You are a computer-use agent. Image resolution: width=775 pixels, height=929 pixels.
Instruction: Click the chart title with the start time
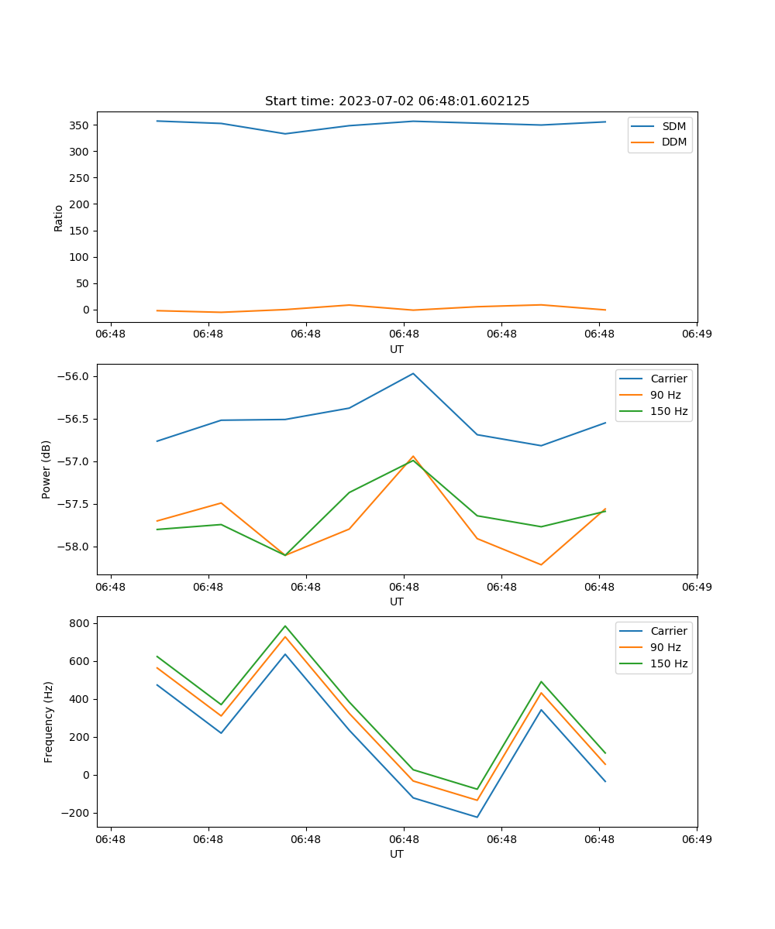click(397, 101)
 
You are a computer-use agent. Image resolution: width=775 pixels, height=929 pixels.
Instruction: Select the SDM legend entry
click(673, 126)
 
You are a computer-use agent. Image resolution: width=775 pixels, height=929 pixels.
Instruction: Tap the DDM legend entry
click(673, 142)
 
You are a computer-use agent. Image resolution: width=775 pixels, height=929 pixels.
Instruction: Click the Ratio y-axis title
click(58, 218)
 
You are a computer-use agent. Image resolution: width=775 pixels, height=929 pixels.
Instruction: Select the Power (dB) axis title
click(46, 469)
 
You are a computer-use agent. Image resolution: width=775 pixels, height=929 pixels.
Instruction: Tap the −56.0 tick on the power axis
click(74, 377)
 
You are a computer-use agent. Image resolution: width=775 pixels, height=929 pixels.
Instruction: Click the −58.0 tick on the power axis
click(74, 547)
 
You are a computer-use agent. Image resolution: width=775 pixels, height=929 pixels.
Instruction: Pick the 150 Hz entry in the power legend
click(669, 411)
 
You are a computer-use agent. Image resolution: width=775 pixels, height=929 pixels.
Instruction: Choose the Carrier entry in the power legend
click(669, 379)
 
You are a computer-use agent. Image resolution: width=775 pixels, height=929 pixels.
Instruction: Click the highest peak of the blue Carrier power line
click(413, 373)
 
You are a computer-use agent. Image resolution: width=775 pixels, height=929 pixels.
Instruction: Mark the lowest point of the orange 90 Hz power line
click(541, 564)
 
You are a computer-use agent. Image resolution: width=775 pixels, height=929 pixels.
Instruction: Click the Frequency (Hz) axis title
click(48, 722)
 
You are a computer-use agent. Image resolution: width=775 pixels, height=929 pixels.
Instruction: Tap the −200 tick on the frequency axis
click(76, 813)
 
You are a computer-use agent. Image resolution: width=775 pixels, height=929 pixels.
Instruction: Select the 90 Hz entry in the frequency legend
click(665, 647)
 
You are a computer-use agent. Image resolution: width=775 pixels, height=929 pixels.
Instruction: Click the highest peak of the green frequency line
click(285, 626)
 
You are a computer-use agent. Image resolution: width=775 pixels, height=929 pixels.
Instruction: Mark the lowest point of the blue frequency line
click(477, 817)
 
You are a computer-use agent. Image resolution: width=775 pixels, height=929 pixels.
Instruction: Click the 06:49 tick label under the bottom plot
click(696, 838)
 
